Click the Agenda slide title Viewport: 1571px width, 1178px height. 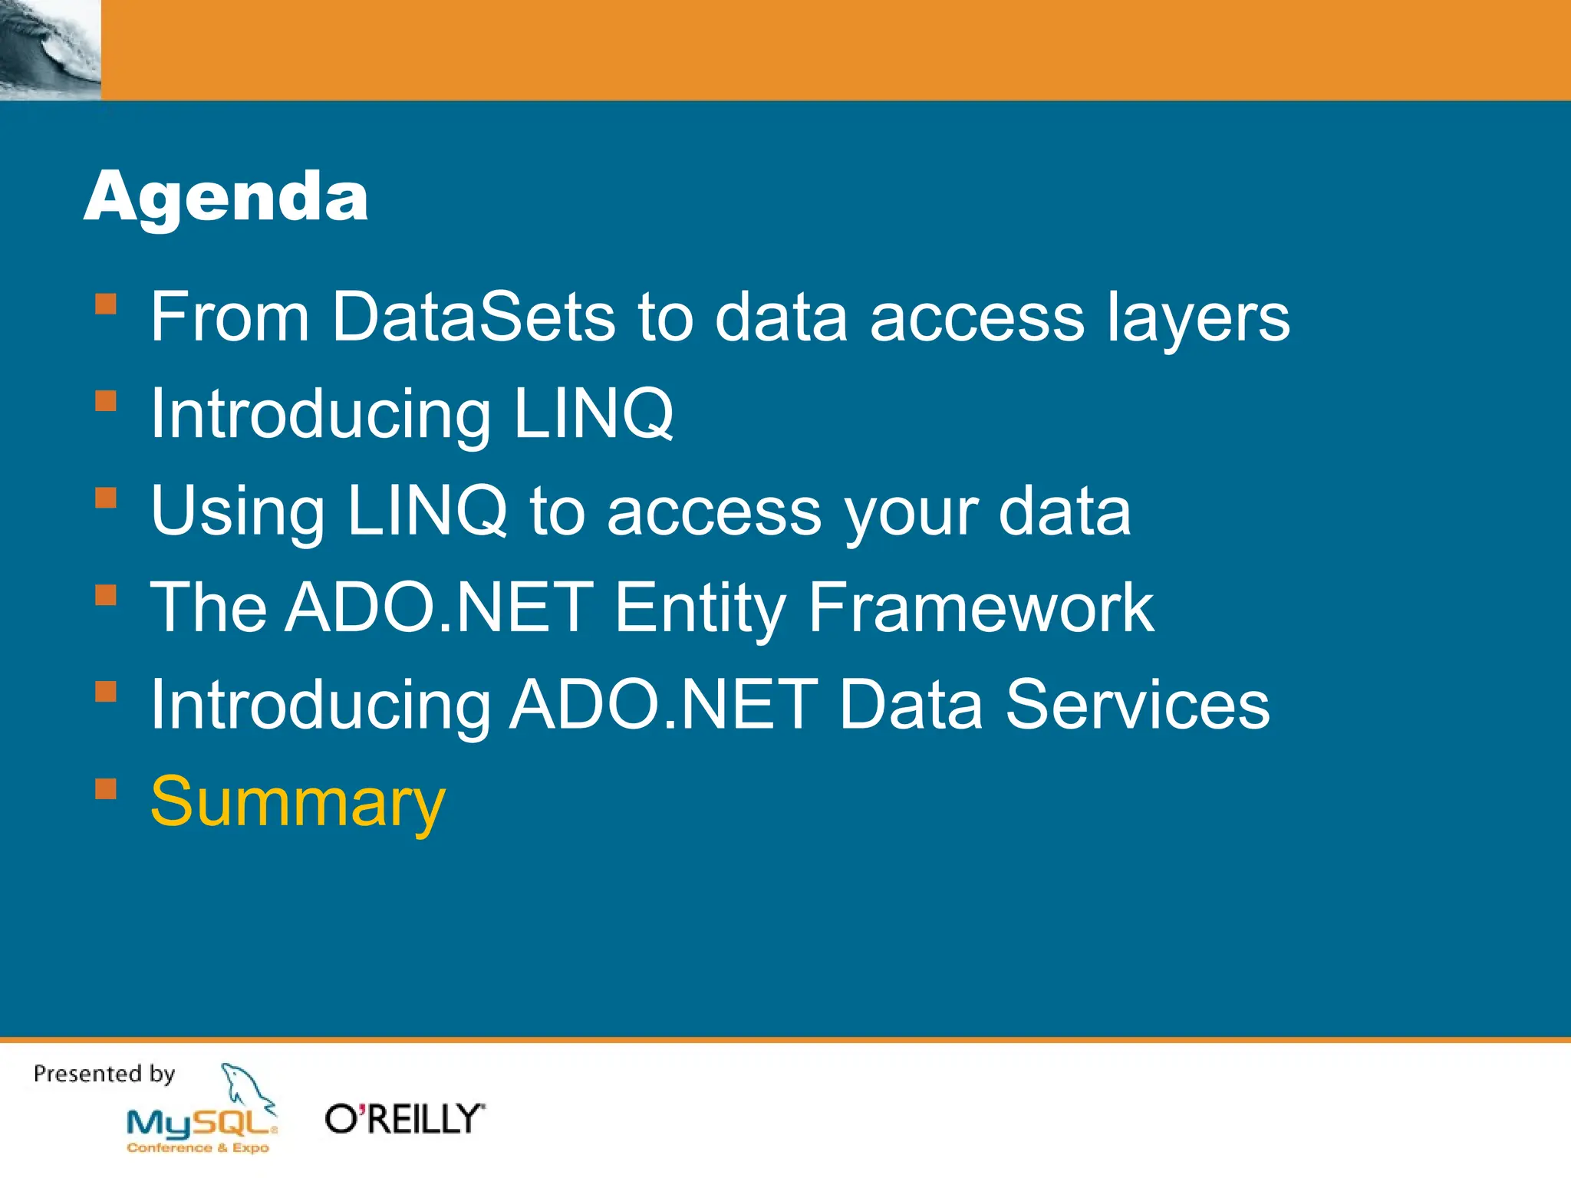pyautogui.click(x=226, y=196)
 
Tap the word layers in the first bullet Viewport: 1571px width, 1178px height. pyautogui.click(x=1197, y=318)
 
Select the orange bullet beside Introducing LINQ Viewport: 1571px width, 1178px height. pyautogui.click(x=106, y=401)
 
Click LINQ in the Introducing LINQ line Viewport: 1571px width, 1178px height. pyautogui.click(x=593, y=414)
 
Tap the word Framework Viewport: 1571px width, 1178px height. pyautogui.click(x=980, y=607)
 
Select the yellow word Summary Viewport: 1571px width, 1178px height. pyautogui.click(x=298, y=802)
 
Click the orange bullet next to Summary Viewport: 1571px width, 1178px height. pyautogui.click(x=106, y=789)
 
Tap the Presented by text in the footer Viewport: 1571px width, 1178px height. pyautogui.click(x=104, y=1074)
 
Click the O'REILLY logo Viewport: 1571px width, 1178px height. pyautogui.click(x=405, y=1119)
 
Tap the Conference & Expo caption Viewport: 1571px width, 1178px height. pyautogui.click(x=198, y=1147)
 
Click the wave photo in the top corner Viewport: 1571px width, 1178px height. pyautogui.click(x=50, y=49)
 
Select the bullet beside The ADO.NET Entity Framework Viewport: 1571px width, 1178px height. pyautogui.click(x=106, y=595)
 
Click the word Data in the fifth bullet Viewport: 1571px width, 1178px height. pyautogui.click(x=911, y=705)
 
